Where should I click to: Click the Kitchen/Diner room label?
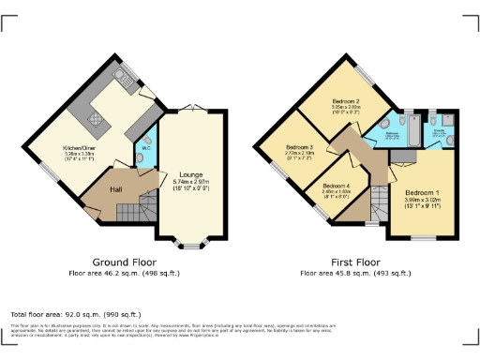pyautogui.click(x=77, y=148)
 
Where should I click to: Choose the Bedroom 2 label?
pyautogui.click(x=346, y=100)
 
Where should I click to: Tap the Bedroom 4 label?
pyautogui.click(x=336, y=186)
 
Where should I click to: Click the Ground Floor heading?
pyautogui.click(x=124, y=262)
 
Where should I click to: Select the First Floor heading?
pyautogui.click(x=355, y=262)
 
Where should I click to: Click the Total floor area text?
pyautogui.click(x=75, y=314)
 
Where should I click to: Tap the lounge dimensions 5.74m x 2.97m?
pyautogui.click(x=191, y=182)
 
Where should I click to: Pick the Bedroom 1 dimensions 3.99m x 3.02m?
pyautogui.click(x=420, y=199)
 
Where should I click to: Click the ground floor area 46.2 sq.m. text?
pyautogui.click(x=124, y=273)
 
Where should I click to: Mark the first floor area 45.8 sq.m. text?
pyautogui.click(x=355, y=273)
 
